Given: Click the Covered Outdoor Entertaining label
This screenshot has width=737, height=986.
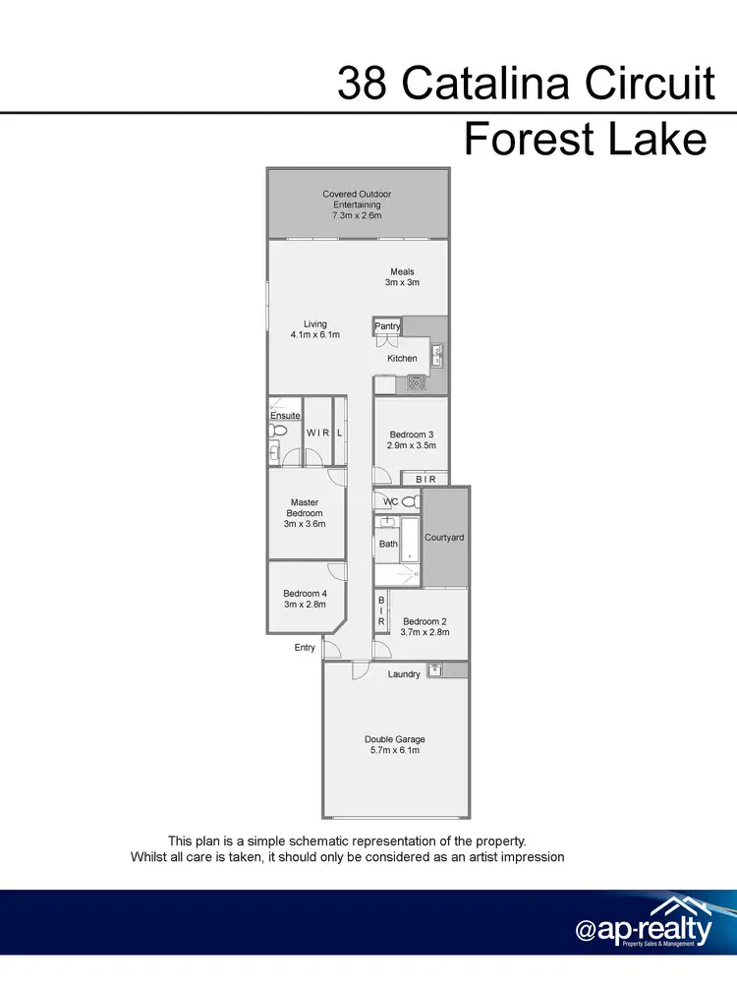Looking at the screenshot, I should pos(356,204).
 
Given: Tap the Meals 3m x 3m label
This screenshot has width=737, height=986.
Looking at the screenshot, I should pos(402,277).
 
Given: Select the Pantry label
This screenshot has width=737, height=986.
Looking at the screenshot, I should pos(387,325).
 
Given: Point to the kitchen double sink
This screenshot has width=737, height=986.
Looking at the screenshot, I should pos(439,354).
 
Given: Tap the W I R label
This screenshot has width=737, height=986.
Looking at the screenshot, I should pos(317,433).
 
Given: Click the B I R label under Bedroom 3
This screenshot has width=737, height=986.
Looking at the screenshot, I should pos(425,479).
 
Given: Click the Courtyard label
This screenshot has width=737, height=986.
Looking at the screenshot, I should pos(444,538).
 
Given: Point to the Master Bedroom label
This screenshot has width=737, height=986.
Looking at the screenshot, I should pos(304,513).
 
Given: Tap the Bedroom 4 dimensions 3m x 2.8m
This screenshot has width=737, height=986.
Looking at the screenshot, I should pos(304,605).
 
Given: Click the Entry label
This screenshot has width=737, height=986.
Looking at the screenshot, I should pos(305,648).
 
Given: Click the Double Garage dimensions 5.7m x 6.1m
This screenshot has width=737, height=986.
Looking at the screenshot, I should pos(394,750).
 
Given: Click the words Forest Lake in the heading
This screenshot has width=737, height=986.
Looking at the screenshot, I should pos(586,139).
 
